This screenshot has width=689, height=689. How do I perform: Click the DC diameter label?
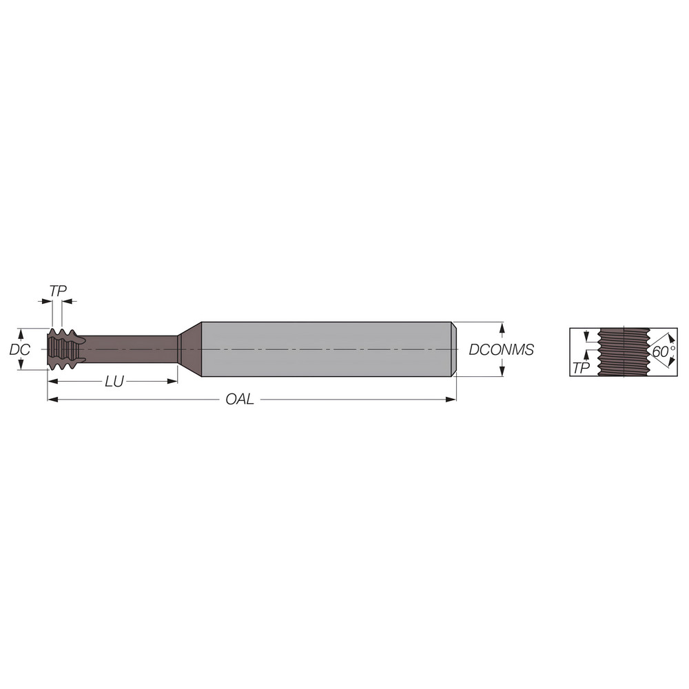coord(19,349)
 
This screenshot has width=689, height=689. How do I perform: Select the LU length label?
coord(114,382)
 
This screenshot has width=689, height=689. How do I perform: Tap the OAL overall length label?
coord(240,400)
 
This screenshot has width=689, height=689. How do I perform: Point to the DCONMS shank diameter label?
coord(501,349)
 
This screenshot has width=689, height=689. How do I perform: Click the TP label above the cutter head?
coord(58,291)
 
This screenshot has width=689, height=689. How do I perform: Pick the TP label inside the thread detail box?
coord(582,368)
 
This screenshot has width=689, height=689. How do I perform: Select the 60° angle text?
coord(663,351)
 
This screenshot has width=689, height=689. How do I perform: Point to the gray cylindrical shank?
coord(324,349)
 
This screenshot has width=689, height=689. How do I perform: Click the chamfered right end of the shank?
coord(453,349)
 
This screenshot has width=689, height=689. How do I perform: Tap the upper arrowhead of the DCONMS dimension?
coord(502,326)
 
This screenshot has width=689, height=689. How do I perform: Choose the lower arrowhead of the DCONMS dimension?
coord(502,373)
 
